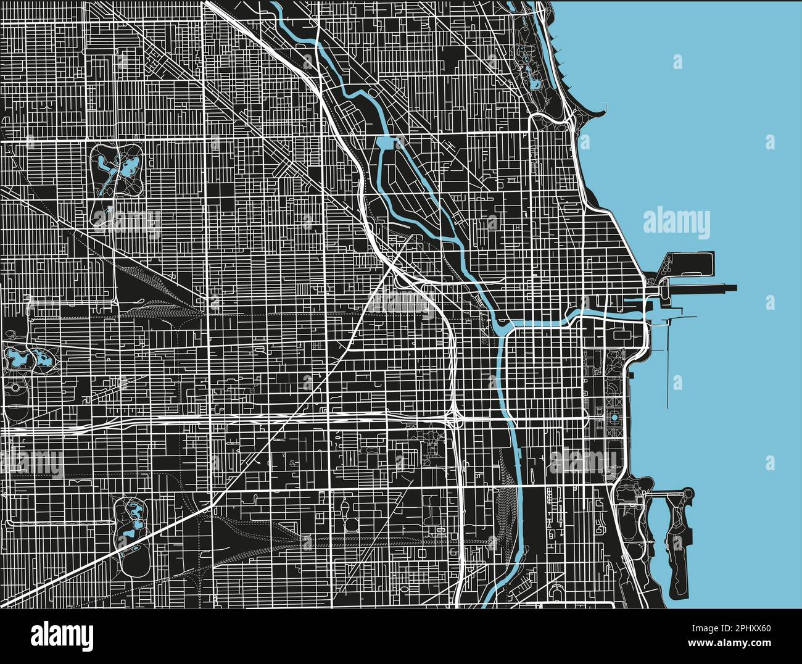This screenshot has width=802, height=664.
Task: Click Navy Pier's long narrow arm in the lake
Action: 709,286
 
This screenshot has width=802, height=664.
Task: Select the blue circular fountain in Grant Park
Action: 615,418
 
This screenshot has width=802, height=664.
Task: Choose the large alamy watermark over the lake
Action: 676,223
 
